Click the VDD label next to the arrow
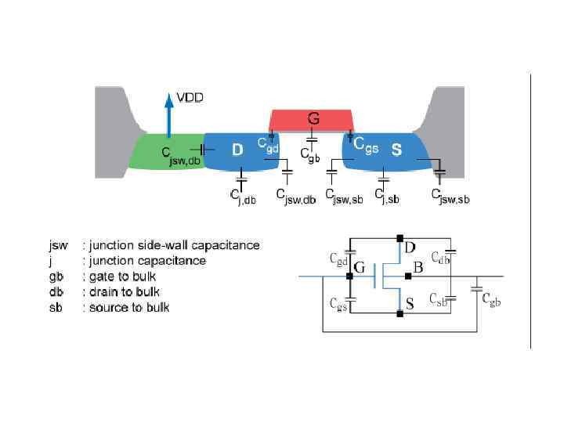pos(191,99)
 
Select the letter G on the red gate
pos(313,119)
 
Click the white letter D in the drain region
pos(237,150)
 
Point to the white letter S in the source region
pos(396,150)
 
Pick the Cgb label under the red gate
pos(310,154)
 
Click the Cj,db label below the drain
pos(242,195)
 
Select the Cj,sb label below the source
pos(387,195)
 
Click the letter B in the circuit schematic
pos(418,268)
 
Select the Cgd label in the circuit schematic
pos(338,258)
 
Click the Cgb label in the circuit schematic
pos(491,298)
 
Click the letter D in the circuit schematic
pos(410,248)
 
